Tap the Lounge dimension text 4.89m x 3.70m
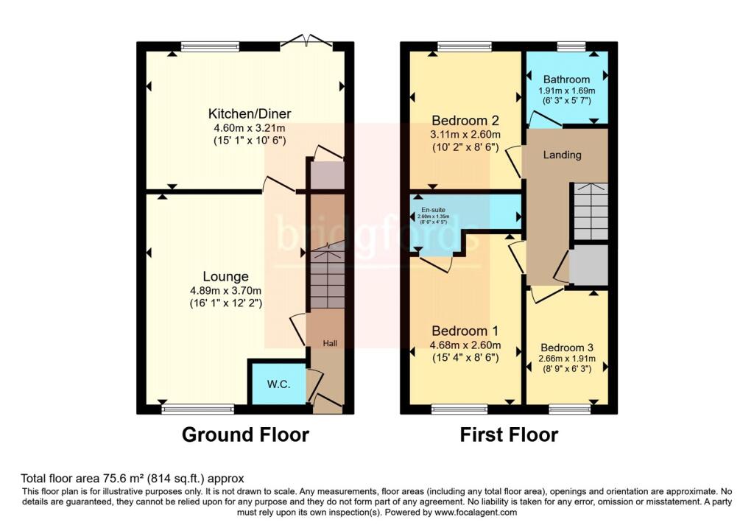click(x=226, y=290)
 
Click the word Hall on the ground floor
click(x=330, y=343)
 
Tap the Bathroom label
click(x=566, y=80)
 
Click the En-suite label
click(x=432, y=209)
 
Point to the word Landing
click(x=562, y=155)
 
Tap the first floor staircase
click(x=591, y=212)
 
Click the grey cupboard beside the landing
click(x=589, y=265)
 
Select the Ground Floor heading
click(x=245, y=434)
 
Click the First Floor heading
click(x=509, y=434)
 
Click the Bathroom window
click(x=571, y=47)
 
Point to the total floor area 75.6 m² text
click(x=132, y=478)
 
